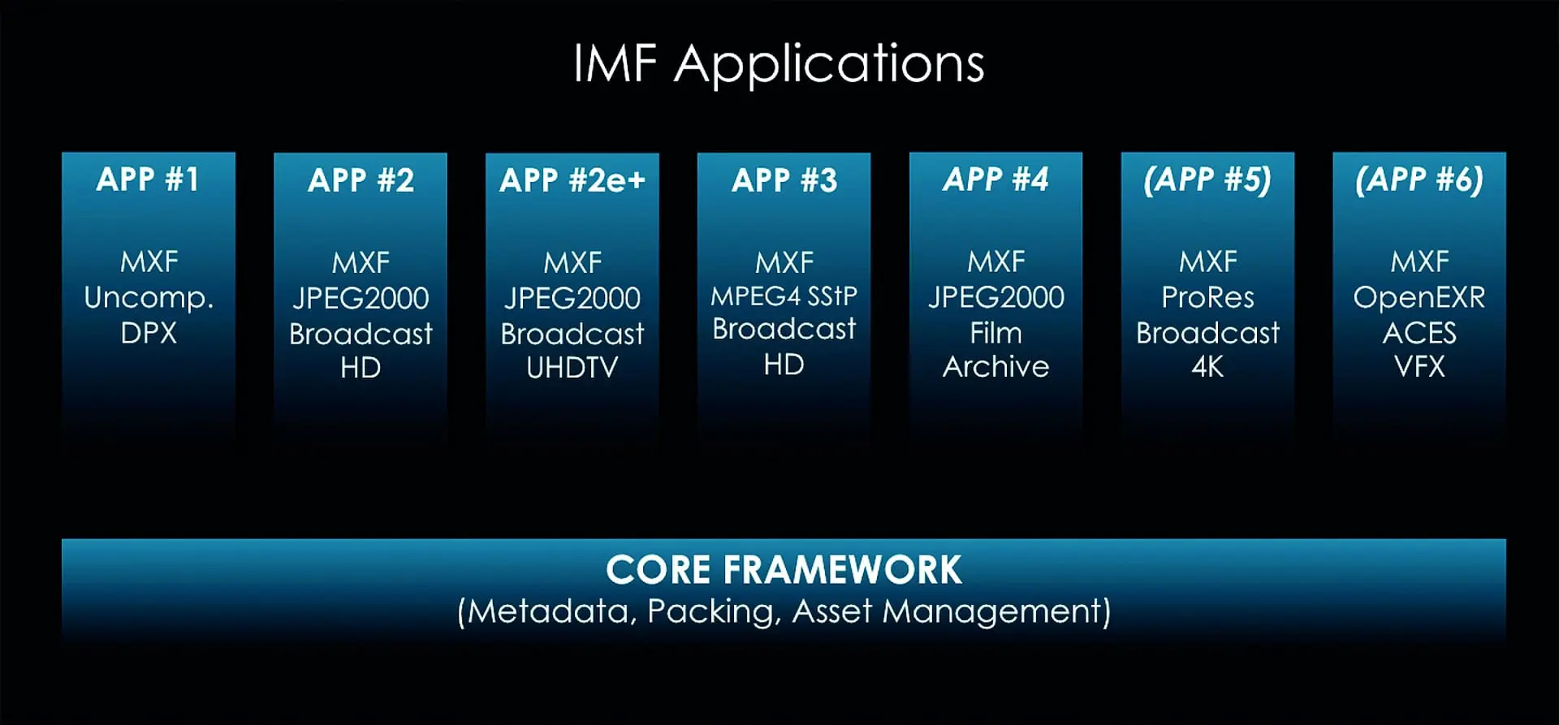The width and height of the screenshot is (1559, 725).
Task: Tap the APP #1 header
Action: click(x=148, y=179)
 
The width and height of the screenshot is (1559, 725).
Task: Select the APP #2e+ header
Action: click(x=572, y=180)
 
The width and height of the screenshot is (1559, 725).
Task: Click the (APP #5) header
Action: click(x=1207, y=180)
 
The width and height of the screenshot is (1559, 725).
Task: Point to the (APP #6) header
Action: click(x=1419, y=180)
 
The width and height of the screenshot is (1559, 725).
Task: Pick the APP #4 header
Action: click(x=995, y=179)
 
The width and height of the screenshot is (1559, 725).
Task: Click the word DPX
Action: click(x=149, y=333)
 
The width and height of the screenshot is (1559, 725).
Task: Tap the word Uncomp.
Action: click(x=149, y=299)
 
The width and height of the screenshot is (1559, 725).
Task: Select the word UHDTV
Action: click(x=572, y=368)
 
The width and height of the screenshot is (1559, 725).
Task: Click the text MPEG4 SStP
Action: click(x=784, y=296)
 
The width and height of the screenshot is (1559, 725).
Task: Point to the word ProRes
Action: click(x=1207, y=298)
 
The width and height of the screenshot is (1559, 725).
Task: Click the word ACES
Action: click(x=1419, y=333)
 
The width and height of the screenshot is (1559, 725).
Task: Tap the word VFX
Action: click(x=1419, y=367)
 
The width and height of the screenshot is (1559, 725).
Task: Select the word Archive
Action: click(x=995, y=367)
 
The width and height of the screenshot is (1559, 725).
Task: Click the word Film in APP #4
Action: click(x=995, y=333)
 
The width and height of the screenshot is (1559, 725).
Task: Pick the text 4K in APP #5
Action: click(x=1207, y=367)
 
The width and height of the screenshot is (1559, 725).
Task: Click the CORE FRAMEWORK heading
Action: click(x=784, y=570)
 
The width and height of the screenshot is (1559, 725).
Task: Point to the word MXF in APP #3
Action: click(x=784, y=263)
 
